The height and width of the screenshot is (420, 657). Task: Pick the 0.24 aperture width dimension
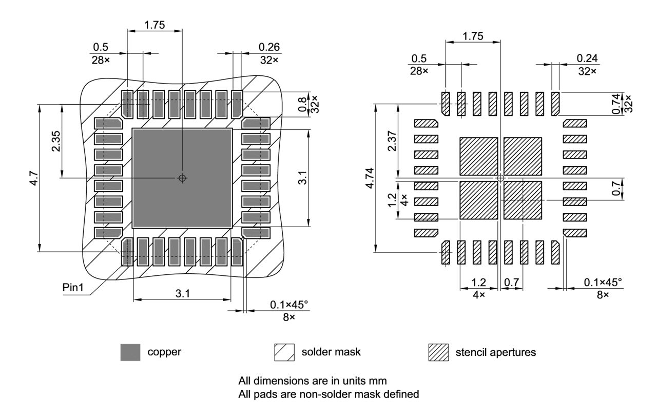tap(587, 58)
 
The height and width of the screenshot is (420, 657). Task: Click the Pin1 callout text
tap(73, 287)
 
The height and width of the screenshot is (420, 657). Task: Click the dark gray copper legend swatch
tap(130, 352)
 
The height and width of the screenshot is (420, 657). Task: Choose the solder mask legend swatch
tap(284, 352)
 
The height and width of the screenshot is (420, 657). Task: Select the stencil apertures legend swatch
tap(438, 352)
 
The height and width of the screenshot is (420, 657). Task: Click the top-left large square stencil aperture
tap(478, 155)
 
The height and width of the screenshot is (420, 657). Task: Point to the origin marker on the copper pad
tap(182, 178)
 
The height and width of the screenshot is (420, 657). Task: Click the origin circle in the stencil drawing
tap(500, 178)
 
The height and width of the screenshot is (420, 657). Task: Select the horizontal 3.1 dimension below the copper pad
tap(182, 293)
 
